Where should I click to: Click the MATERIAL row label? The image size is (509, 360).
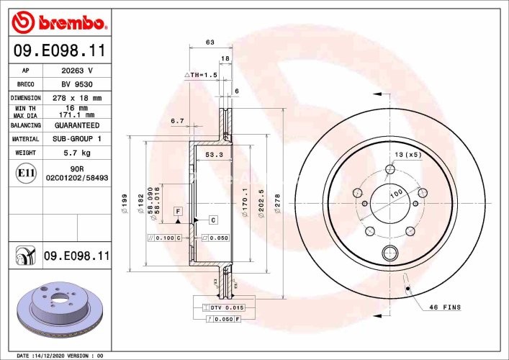(25, 138)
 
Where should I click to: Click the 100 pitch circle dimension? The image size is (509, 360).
(395, 195)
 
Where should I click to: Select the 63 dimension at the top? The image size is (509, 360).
(210, 42)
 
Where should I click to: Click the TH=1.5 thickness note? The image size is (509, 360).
(202, 75)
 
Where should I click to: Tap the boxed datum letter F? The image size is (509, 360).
(177, 210)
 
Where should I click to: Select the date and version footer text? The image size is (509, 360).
(60, 355)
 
